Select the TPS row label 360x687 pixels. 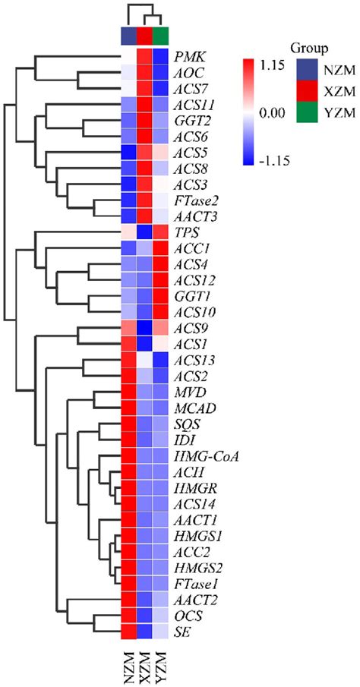[185, 232]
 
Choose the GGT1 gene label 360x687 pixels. [190, 295]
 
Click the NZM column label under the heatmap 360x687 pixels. [129, 663]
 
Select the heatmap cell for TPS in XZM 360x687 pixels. [144, 232]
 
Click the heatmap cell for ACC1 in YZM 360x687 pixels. [160, 247]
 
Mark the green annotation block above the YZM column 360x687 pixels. [160, 36]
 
